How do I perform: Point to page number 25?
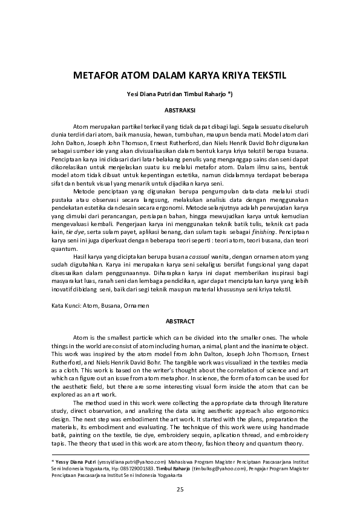[180, 488]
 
